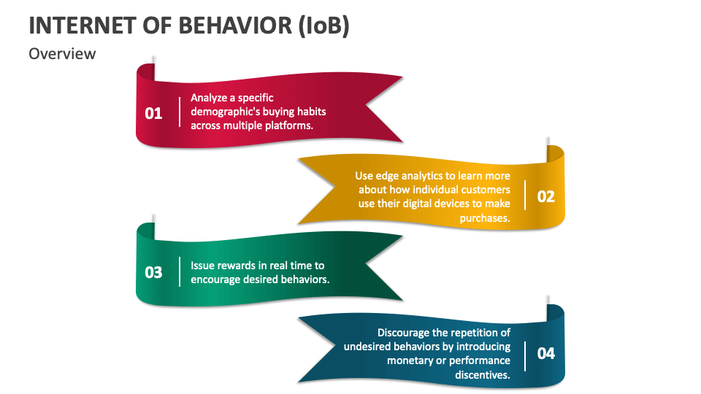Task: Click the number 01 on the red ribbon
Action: (153, 113)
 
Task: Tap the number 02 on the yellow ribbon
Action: (545, 196)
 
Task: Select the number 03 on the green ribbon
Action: (153, 272)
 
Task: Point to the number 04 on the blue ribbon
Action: (545, 353)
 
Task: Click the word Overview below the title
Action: (62, 53)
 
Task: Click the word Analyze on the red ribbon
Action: (210, 98)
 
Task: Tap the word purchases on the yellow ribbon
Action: (485, 217)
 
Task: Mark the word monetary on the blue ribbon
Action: (412, 360)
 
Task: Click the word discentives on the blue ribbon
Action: (483, 374)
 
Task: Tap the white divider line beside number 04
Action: (524, 353)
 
